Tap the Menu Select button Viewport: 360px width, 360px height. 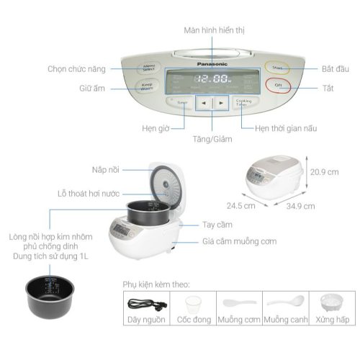149,68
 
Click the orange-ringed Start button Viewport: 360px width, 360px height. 276,68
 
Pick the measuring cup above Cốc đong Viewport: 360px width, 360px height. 192,303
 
